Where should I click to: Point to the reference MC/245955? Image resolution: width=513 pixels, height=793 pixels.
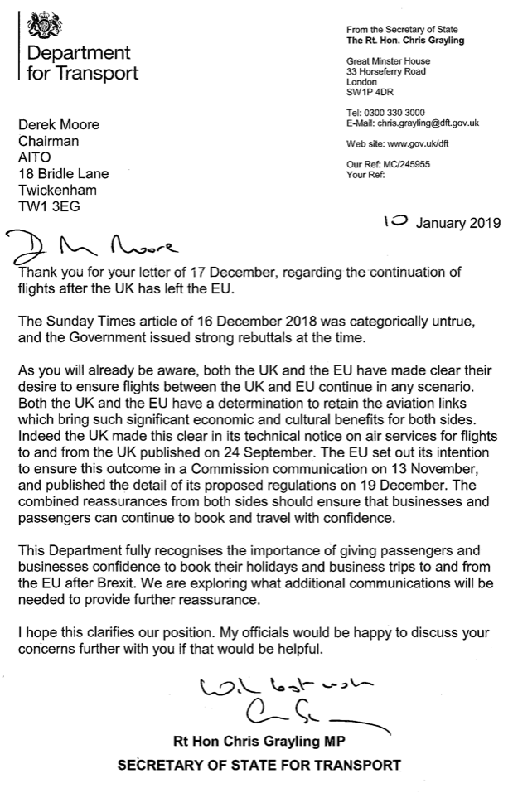409,165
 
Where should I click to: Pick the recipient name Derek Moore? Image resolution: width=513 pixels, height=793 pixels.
58,125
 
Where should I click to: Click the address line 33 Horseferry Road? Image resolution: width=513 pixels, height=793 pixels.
386,72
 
